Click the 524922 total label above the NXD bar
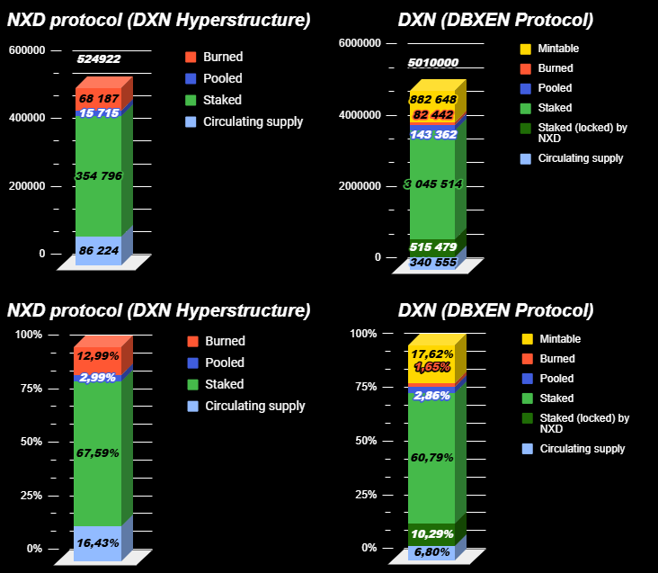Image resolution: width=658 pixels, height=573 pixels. pos(99,59)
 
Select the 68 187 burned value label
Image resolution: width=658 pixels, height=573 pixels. pos(98,97)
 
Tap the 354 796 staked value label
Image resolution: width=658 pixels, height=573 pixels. pos(98,176)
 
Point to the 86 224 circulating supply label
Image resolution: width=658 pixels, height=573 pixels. pos(98,250)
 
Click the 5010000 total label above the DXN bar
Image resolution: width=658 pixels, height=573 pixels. pos(432,63)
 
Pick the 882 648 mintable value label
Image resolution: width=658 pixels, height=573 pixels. pos(432,99)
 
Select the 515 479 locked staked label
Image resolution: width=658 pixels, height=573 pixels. pos(432,246)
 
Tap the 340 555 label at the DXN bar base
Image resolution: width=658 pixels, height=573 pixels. pos(432,263)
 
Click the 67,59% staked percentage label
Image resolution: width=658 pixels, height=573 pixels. pos(98,452)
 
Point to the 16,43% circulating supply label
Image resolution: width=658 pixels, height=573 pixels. pos(98,543)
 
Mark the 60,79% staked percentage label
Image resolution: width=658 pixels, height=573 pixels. pos(432,457)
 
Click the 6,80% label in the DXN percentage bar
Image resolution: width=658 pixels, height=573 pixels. pos(432,551)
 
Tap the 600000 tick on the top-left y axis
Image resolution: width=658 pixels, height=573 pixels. pos(27,50)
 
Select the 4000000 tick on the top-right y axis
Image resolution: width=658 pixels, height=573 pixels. pos(358,115)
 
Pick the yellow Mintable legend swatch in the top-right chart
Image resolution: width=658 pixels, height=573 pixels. pos(526,49)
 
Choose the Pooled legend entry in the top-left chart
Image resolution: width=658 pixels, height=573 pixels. pos(222,78)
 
